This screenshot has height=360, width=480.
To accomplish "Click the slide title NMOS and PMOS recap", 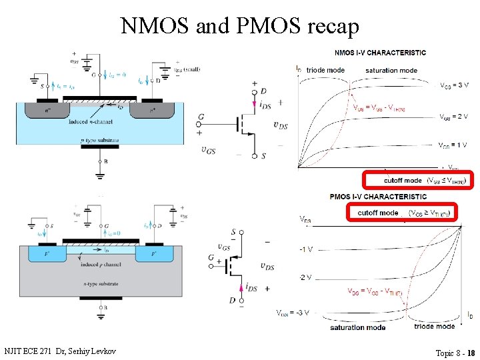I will (240, 25).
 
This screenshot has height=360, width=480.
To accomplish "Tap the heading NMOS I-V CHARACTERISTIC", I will (380, 53).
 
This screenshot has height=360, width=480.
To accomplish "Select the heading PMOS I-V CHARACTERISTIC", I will (379, 197).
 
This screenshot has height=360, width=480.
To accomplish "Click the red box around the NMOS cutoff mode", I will (417, 180).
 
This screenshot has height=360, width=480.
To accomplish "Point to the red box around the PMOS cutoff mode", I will (402, 213).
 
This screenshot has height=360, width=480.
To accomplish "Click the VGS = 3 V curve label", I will (454, 85).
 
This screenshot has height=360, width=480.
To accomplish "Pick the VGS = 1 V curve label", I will (453, 145).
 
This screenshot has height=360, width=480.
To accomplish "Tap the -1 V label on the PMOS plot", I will (306, 249).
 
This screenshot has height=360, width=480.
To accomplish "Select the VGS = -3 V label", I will (293, 312).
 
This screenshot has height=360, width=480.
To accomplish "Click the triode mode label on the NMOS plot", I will (325, 70).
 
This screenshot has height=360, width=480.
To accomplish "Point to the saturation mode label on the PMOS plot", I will (357, 327).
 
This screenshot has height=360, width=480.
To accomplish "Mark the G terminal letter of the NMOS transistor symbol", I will (201, 117).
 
